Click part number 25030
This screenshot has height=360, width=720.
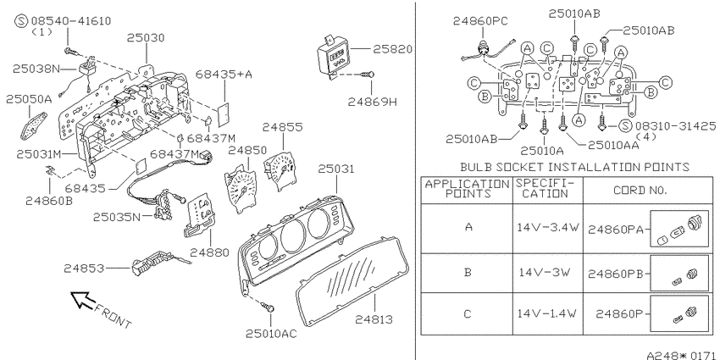(146, 37)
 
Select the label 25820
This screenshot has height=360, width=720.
(392, 48)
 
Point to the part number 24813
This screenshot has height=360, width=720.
(374, 319)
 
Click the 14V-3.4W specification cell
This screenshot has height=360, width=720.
(548, 227)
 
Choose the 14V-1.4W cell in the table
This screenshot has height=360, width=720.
(547, 313)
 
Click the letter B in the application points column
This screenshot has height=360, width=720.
(468, 272)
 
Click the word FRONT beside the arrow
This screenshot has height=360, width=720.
(113, 315)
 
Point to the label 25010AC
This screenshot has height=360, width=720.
(271, 334)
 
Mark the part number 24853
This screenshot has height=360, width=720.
(84, 269)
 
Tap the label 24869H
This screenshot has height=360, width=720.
(372, 102)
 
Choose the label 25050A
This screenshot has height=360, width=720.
(29, 99)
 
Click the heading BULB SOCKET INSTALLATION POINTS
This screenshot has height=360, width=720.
(574, 167)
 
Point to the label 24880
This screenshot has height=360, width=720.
(209, 252)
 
